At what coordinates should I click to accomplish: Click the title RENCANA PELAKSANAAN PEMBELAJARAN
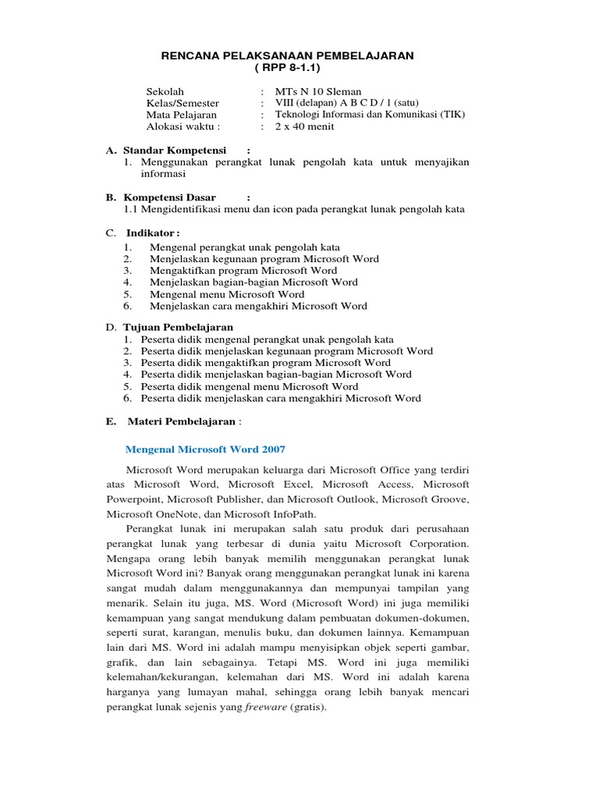point(287,55)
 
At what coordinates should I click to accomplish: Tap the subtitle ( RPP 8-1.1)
point(287,68)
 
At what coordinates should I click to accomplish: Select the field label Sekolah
point(165,91)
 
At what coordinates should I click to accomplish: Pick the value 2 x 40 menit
point(297,126)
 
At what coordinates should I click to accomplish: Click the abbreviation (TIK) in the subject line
point(452,115)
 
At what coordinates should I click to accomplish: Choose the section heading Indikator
point(151,233)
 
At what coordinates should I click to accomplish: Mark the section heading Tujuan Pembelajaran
point(178,327)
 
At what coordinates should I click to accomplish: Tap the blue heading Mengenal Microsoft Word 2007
point(206,449)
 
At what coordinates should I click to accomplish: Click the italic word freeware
point(265,708)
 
